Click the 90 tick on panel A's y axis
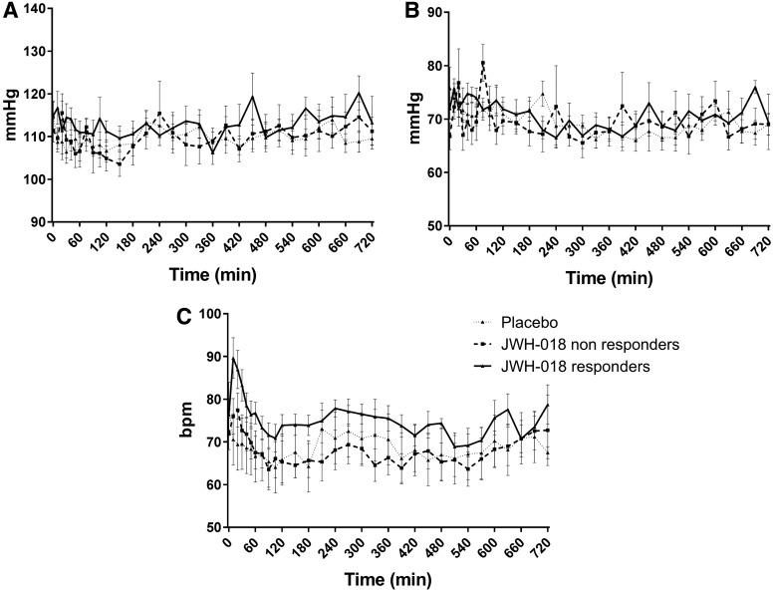pyautogui.click(x=36, y=221)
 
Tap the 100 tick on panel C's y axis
pyautogui.click(x=207, y=314)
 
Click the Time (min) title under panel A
pyautogui.click(x=211, y=269)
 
